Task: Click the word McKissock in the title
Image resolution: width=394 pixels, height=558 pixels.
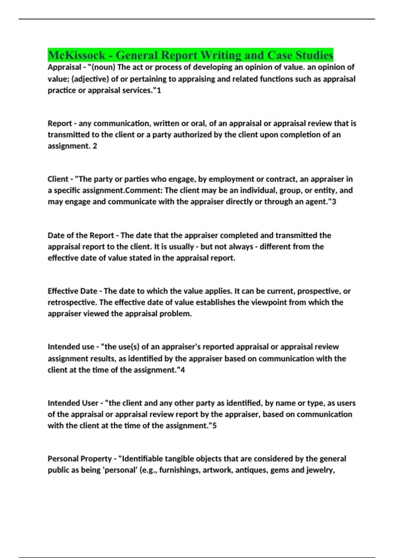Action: (77, 55)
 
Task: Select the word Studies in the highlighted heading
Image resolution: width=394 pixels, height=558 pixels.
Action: (314, 55)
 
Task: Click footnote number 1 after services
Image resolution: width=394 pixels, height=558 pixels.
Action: (159, 90)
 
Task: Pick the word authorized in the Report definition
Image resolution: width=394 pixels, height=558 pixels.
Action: (192, 135)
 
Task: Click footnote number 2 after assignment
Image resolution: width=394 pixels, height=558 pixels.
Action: (95, 146)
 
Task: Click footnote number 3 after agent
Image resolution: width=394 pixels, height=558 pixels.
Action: (334, 202)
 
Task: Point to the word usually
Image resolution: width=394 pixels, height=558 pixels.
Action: (181, 247)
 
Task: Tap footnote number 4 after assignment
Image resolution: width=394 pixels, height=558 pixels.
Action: (183, 370)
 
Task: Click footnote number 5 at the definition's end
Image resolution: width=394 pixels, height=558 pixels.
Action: (215, 426)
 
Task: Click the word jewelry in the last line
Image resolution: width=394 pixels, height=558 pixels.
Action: (320, 470)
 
